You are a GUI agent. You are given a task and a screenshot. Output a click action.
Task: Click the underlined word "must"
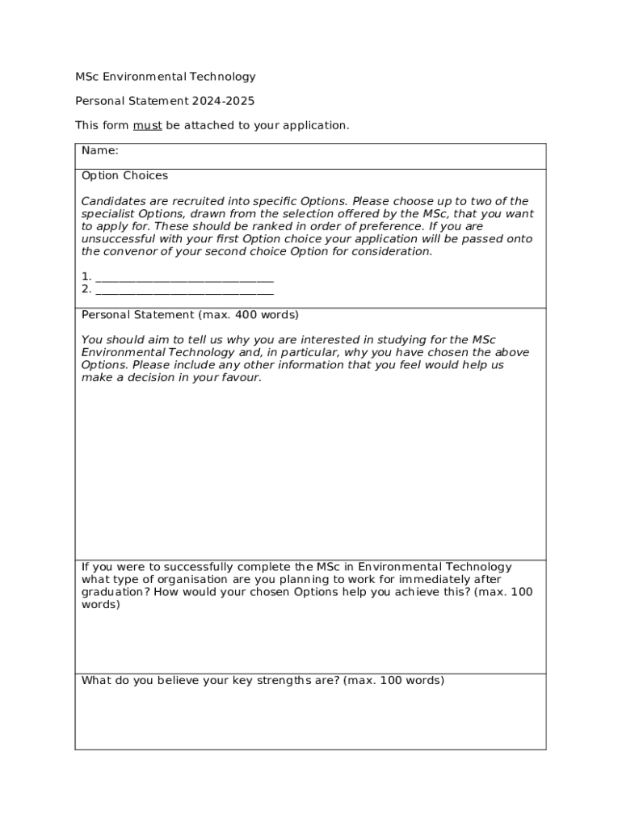(x=148, y=125)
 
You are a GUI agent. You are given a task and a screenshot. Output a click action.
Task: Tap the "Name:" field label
(x=100, y=150)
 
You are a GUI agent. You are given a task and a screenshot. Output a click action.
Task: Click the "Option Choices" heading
(x=124, y=175)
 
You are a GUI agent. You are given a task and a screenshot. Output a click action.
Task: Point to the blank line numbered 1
(x=184, y=277)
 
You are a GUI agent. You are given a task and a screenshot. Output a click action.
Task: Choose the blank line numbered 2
(x=184, y=289)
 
